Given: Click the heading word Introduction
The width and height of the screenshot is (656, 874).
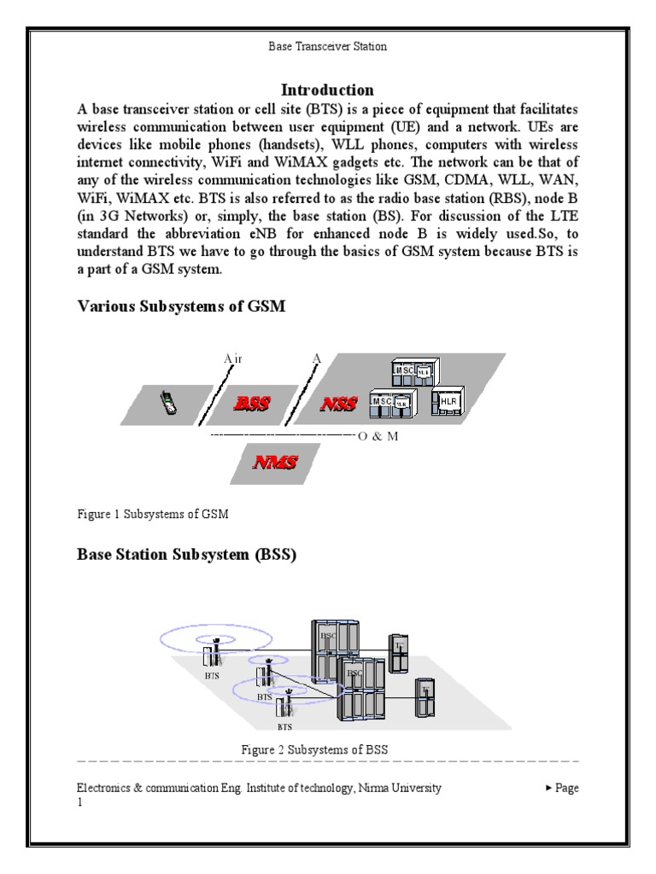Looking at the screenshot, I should (328, 90).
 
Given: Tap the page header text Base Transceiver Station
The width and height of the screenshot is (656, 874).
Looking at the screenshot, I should (328, 47).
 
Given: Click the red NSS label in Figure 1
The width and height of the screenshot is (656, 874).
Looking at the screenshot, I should (338, 405).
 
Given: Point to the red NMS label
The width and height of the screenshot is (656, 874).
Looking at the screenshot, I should (275, 463).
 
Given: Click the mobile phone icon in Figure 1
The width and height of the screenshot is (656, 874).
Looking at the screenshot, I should (169, 403).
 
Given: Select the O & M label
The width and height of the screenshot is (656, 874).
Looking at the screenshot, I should (379, 436).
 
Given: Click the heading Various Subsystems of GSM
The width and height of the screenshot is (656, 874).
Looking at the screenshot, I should (181, 306).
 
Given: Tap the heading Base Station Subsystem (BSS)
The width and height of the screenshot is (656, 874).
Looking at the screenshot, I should (187, 555).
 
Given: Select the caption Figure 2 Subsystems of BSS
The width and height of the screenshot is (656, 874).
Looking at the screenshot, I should (315, 749).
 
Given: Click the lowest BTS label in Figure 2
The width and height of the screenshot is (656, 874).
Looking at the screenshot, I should (284, 727).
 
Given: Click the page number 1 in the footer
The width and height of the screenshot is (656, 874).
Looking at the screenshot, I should (80, 803).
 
